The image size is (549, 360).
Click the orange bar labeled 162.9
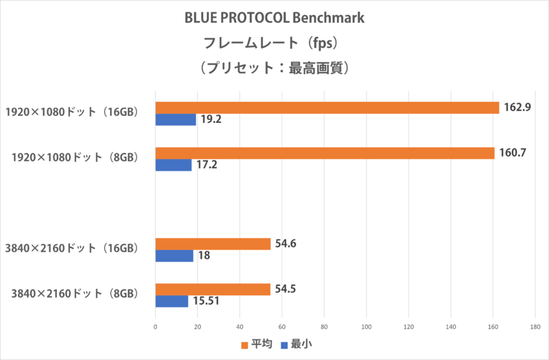tap(327, 108)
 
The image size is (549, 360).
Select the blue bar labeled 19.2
tap(176, 119)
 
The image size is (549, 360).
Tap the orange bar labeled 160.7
tap(325, 153)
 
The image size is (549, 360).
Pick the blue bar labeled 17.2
tap(174, 165)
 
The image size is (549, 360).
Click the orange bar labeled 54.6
tap(213, 243)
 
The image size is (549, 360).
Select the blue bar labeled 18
tap(174, 256)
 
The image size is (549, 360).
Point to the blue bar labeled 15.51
tap(172, 301)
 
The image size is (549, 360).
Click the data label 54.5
tap(285, 289)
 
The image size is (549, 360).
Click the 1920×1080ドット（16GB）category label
tap(74, 112)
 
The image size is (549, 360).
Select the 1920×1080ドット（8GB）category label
tap(77, 158)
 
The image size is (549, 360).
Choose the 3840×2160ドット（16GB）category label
tap(74, 249)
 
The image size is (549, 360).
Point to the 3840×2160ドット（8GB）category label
tap(77, 294)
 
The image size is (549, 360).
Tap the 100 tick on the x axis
tap(366, 326)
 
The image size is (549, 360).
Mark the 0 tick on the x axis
tap(156, 326)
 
